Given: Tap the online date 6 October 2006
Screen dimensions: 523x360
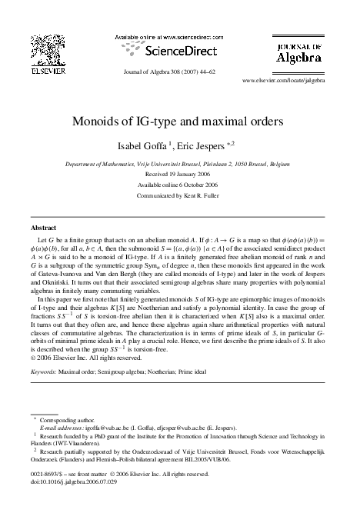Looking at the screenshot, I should [x=199, y=184].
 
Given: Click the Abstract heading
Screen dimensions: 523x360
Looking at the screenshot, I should [x=42, y=228].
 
